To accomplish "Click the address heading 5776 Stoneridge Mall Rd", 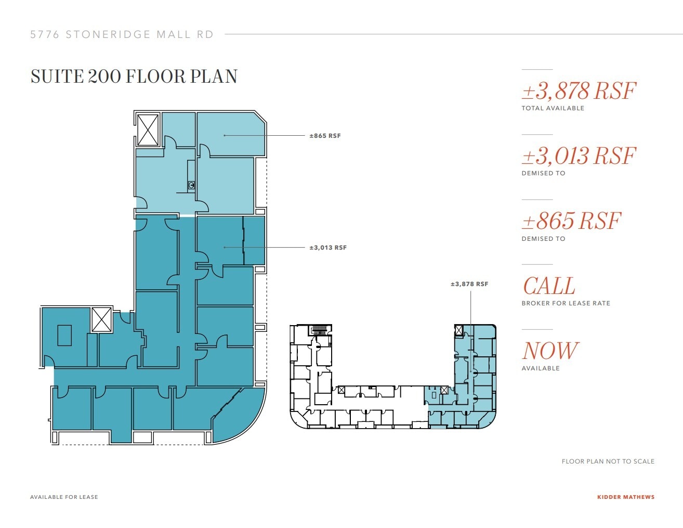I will [x=122, y=34].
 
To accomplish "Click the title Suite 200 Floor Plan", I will [x=134, y=76].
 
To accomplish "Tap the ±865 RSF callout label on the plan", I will [x=325, y=136].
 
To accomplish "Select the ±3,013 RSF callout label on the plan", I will [x=327, y=248].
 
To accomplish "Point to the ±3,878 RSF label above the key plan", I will [x=469, y=284].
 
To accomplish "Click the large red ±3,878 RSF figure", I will [x=578, y=91].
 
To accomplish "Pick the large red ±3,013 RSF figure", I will [x=578, y=156].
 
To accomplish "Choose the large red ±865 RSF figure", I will [x=571, y=221].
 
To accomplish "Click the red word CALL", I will [x=548, y=286].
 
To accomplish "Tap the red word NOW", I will [x=549, y=351].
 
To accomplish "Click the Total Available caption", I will [x=553, y=108].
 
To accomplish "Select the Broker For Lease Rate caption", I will [x=566, y=303].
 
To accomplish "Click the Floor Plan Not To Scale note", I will [x=608, y=461].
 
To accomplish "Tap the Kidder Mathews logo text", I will [x=625, y=497].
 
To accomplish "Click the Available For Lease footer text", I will [x=64, y=497].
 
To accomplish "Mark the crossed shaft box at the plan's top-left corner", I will [x=148, y=130].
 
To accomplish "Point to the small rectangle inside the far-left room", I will [x=64, y=336].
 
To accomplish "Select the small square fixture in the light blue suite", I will [x=191, y=185].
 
